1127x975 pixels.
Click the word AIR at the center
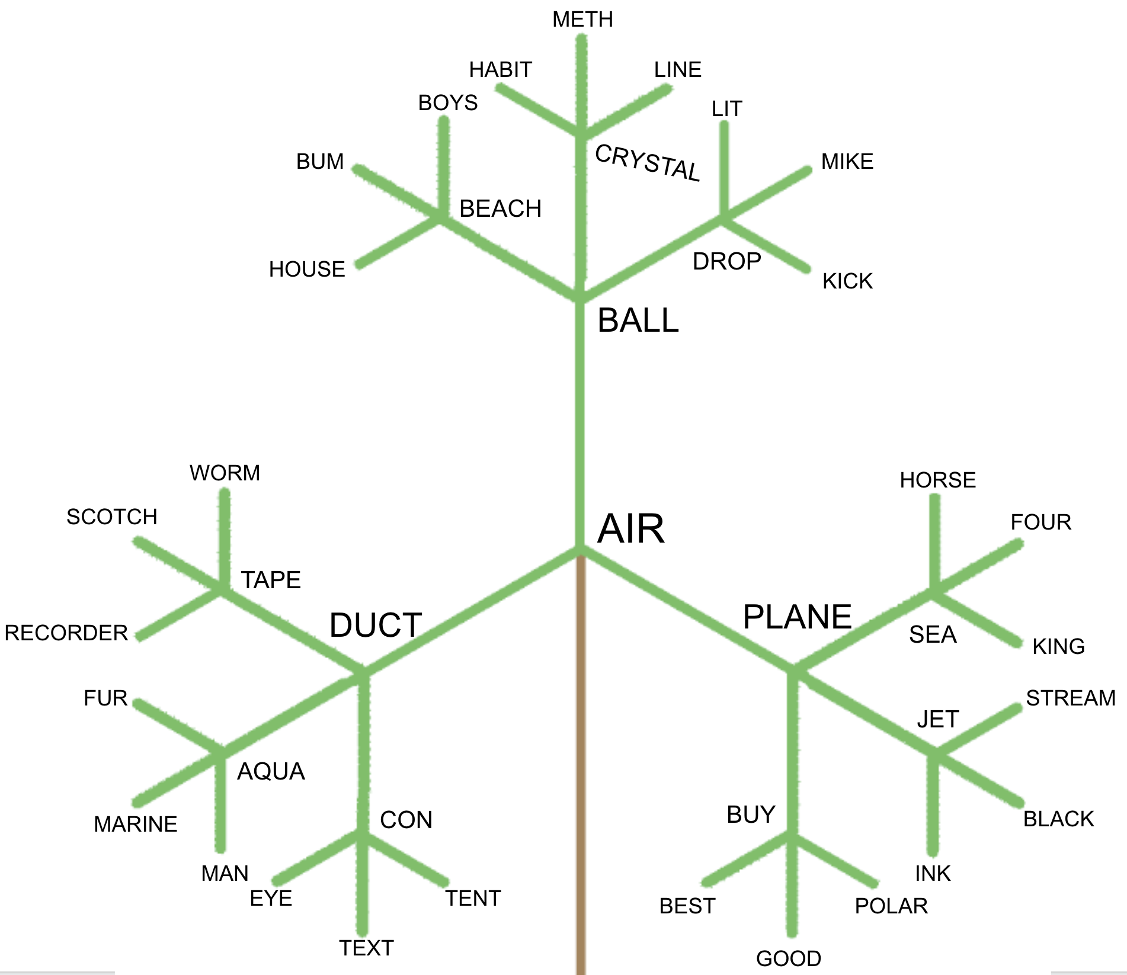pyautogui.click(x=630, y=528)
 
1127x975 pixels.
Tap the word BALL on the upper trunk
pyautogui.click(x=638, y=320)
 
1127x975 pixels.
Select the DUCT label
pyautogui.click(x=376, y=625)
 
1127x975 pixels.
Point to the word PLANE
pyautogui.click(x=797, y=617)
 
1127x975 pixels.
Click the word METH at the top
pyautogui.click(x=582, y=20)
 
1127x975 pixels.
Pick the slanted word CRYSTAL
pyautogui.click(x=648, y=162)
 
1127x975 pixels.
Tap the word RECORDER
pyautogui.click(x=66, y=633)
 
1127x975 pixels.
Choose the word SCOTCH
pyautogui.click(x=112, y=517)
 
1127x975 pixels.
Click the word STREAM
pyautogui.click(x=1071, y=698)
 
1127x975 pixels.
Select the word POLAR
pyautogui.click(x=891, y=906)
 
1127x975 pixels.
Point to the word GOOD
pyautogui.click(x=789, y=958)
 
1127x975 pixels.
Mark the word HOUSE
pyautogui.click(x=307, y=269)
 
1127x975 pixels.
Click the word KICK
pyautogui.click(x=847, y=281)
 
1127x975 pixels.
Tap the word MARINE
pyautogui.click(x=136, y=824)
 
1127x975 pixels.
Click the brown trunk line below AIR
pyautogui.click(x=581, y=770)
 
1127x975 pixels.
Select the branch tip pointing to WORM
pyautogui.click(x=225, y=492)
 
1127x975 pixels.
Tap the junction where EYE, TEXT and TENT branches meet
pyautogui.click(x=362, y=835)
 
